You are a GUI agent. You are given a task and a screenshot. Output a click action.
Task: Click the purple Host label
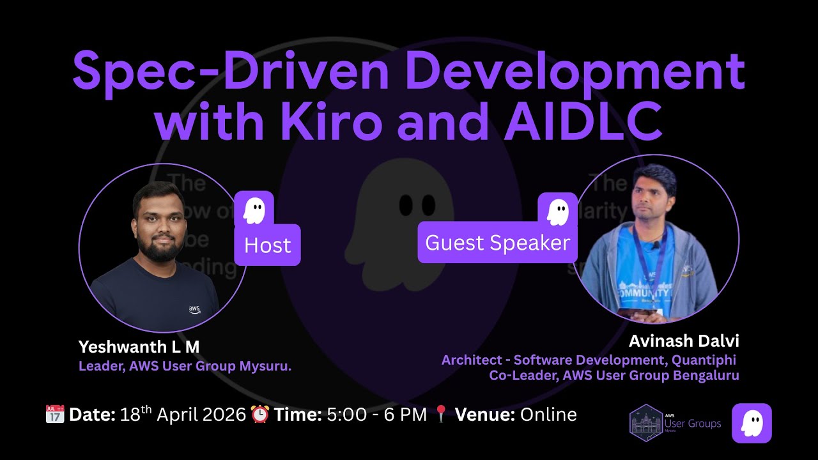click(x=267, y=245)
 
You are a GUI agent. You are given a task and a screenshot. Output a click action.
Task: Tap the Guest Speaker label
click(x=497, y=243)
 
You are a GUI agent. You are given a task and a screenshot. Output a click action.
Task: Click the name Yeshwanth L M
click(x=139, y=347)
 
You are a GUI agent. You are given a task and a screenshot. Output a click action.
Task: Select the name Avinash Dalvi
click(x=684, y=341)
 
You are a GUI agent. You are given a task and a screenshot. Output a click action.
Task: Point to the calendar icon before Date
click(x=55, y=414)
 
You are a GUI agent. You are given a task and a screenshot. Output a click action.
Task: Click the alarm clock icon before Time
click(x=260, y=414)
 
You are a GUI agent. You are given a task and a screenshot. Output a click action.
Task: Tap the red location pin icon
click(x=441, y=415)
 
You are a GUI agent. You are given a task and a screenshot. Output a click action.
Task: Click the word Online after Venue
click(x=548, y=415)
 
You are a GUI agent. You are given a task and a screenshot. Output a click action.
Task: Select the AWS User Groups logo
click(x=675, y=423)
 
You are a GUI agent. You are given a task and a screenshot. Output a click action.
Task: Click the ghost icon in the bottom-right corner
click(x=752, y=423)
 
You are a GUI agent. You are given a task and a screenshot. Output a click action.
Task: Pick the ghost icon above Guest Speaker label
click(x=558, y=210)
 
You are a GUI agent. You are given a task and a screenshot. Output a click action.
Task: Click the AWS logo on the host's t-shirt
click(x=194, y=309)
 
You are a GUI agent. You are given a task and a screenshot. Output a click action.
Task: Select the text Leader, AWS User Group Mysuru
click(x=185, y=367)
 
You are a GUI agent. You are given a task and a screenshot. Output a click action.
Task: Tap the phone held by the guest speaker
click(x=640, y=312)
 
